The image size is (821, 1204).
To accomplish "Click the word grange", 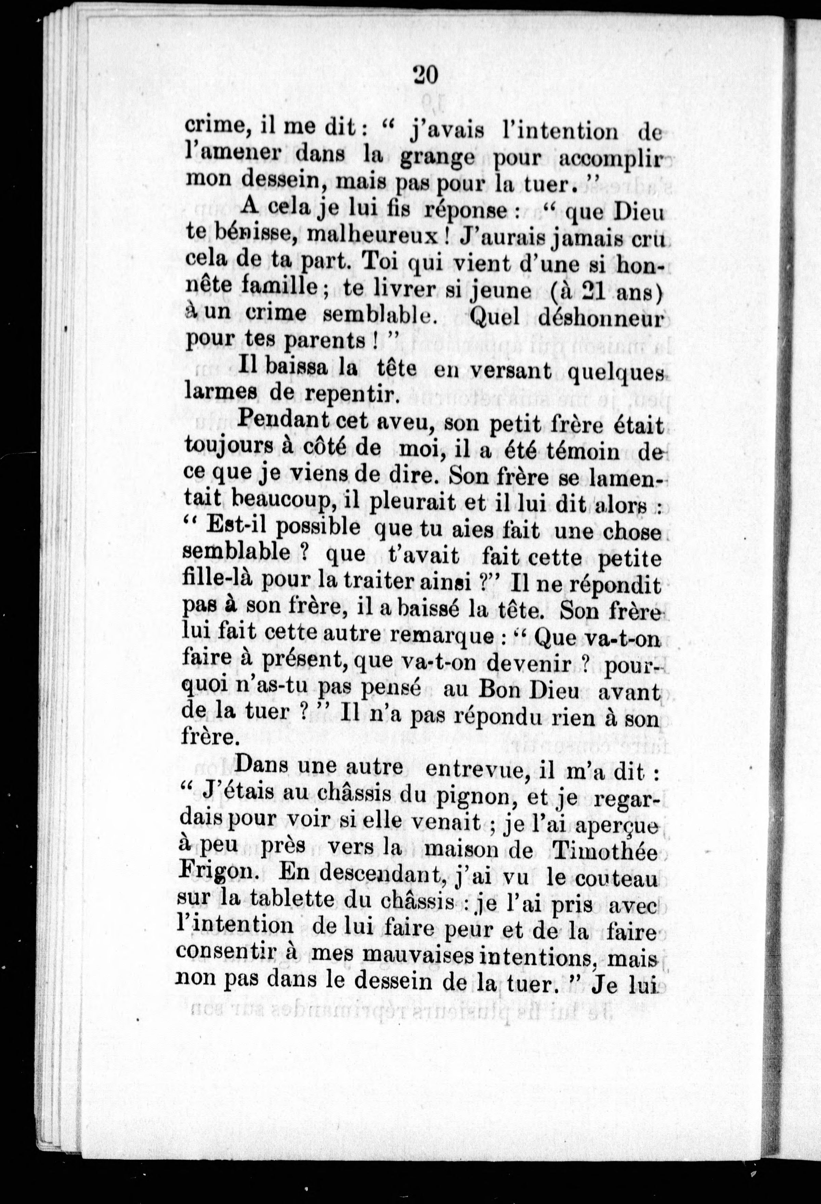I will [438, 157].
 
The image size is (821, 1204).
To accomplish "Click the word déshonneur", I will [600, 317].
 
